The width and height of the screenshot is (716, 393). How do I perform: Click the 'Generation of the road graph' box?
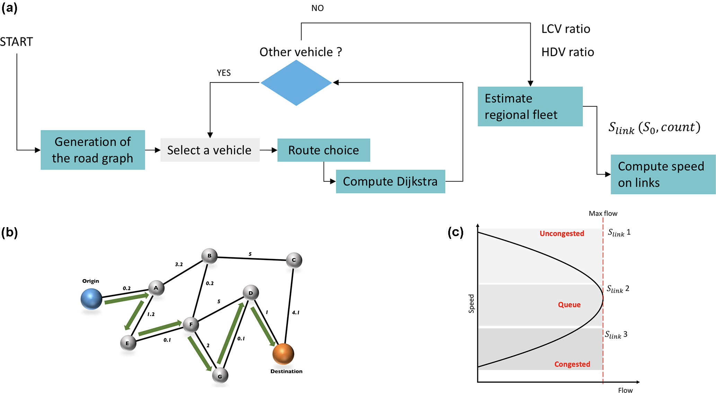point(92,150)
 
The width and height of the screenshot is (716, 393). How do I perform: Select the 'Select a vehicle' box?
point(210,150)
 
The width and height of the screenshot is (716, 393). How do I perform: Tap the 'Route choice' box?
point(324,150)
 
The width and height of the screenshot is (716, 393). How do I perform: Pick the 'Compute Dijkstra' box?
point(390,181)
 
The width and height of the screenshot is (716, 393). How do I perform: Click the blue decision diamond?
point(296,83)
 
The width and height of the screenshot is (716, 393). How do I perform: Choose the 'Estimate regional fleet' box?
point(530,106)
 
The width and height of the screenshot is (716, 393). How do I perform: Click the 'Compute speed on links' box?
point(663,174)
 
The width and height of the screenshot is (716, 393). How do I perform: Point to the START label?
point(16,42)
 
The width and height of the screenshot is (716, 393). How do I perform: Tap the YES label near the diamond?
point(224,73)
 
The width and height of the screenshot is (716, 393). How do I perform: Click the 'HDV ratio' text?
point(568,52)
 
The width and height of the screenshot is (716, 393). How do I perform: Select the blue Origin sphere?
point(91,299)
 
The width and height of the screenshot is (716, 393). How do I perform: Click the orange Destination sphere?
point(283,354)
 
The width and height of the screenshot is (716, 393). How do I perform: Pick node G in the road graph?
point(220,376)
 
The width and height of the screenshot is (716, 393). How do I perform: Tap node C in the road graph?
point(294,260)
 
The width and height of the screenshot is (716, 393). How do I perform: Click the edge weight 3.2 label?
point(179,264)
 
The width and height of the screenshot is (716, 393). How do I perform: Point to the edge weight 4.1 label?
point(295,312)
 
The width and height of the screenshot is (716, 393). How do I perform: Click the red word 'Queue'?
point(569,305)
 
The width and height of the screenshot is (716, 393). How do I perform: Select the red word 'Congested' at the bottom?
point(572,364)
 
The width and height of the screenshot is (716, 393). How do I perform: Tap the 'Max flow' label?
point(603,214)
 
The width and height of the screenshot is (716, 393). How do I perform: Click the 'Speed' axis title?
point(471,304)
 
